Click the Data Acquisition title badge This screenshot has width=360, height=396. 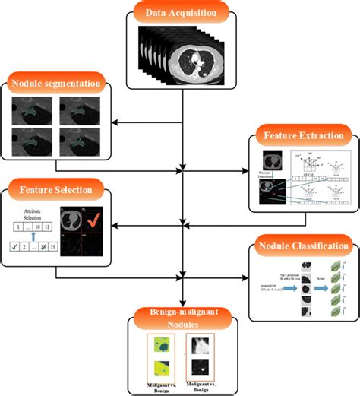(x=180, y=12)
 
